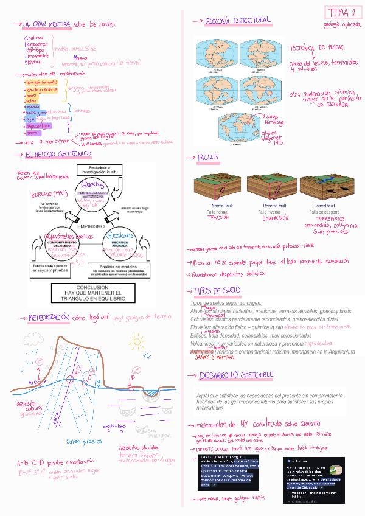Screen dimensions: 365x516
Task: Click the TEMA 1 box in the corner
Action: pyautogui.click(x=341, y=13)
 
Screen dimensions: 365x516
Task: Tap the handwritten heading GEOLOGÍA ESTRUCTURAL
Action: pyautogui.click(x=237, y=21)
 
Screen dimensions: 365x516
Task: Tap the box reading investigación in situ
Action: pyautogui.click(x=91, y=170)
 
